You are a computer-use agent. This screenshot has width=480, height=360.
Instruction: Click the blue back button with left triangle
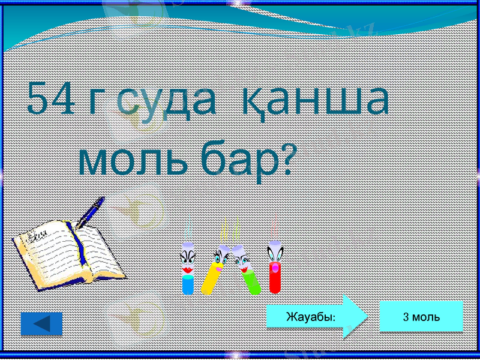(41, 324)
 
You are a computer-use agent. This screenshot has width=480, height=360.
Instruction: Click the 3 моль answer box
(421, 316)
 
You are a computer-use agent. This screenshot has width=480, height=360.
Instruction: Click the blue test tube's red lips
(188, 270)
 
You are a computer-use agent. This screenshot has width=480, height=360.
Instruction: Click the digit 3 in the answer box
(406, 317)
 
